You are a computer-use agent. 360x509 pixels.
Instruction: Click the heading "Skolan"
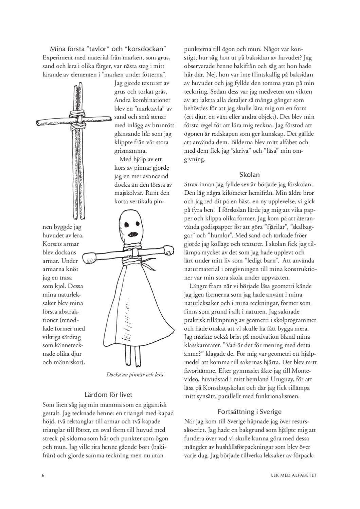pos(250,175)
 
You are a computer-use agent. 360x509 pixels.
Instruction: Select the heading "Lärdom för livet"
pos(108,395)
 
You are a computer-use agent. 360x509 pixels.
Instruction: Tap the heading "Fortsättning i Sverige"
pos(250,412)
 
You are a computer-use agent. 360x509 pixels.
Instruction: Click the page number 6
pos(43,475)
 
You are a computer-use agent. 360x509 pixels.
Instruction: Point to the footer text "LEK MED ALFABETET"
pos(294,475)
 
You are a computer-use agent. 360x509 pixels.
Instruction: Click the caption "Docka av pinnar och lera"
pos(134,375)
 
